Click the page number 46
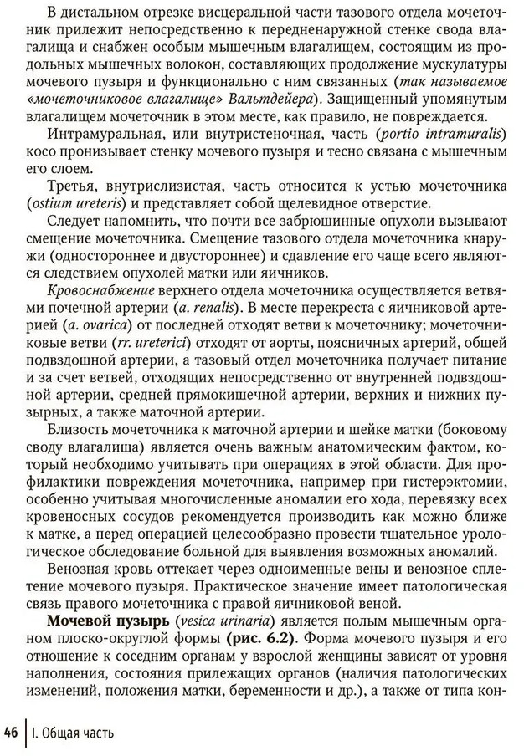pos(12,733)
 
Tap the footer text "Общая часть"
pos(80,733)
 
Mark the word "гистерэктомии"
pos(434,497)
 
